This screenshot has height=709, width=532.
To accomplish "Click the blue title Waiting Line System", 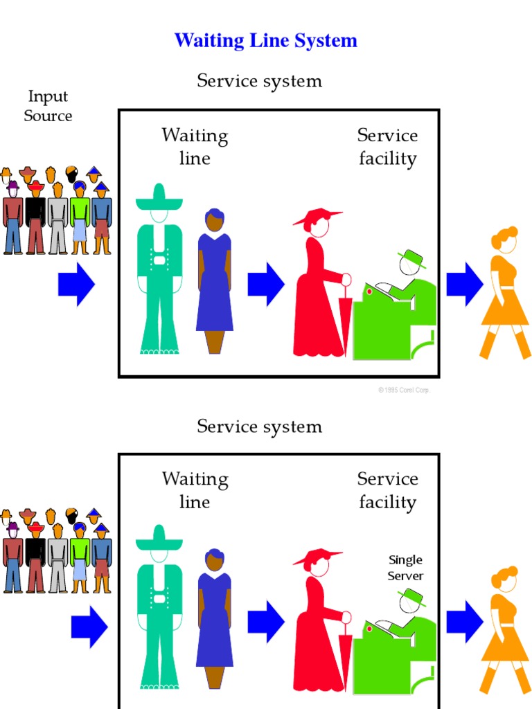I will [265, 41].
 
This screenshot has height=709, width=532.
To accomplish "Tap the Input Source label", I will [48, 106].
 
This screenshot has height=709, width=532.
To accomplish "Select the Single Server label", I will [405, 568].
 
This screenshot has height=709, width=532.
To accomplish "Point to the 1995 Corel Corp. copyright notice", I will [404, 391].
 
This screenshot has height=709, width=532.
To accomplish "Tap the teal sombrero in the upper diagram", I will [159, 199].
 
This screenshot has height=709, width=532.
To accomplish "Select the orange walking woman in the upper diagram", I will [506, 291].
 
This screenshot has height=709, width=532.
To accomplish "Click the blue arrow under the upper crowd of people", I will [76, 285].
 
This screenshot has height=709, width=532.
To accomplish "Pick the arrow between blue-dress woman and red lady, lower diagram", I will [266, 622].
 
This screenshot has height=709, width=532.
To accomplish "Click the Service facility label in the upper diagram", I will [387, 147].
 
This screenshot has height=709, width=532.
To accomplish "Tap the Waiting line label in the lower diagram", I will [195, 490].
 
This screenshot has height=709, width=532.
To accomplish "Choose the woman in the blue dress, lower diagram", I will [215, 616].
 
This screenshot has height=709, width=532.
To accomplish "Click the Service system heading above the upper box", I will [259, 81].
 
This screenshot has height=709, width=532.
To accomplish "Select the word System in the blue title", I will [325, 41].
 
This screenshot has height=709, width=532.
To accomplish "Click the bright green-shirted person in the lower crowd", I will [80, 557].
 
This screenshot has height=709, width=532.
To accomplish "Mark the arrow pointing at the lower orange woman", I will [464, 622].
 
